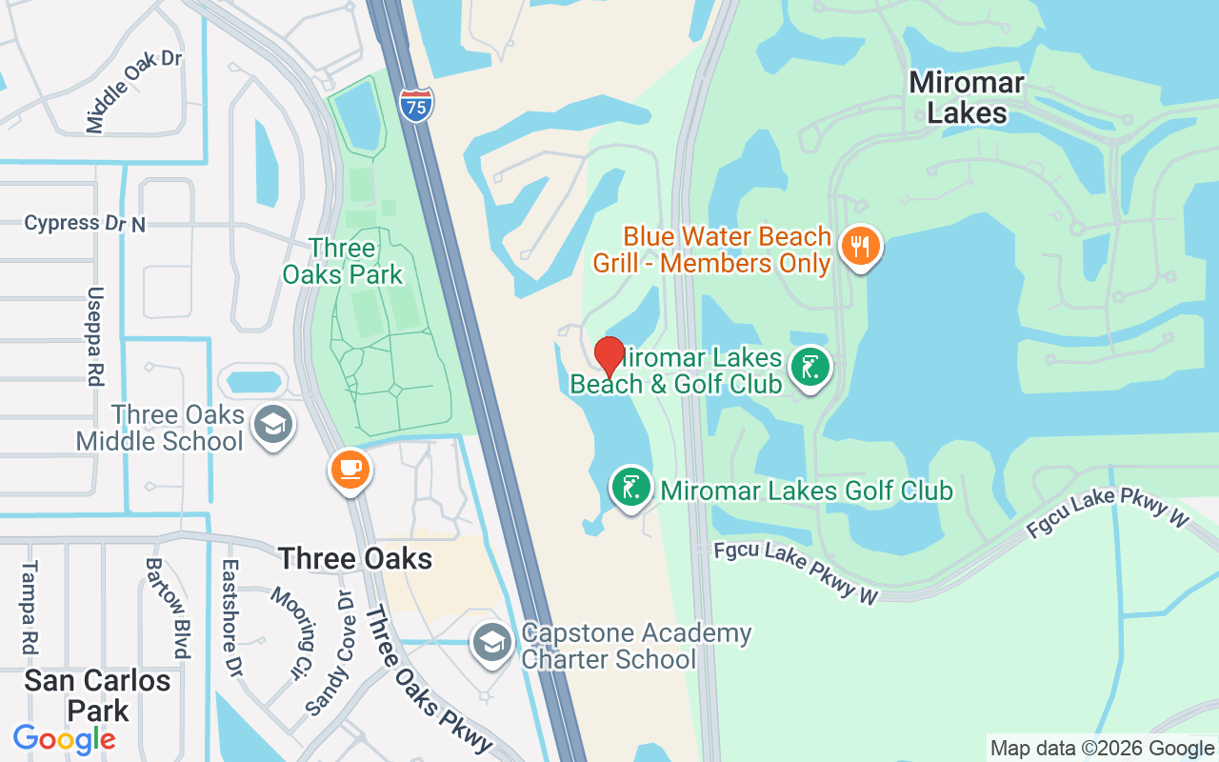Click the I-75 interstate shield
(416, 103)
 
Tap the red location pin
(609, 356)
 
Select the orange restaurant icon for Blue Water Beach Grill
(860, 247)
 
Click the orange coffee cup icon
(350, 469)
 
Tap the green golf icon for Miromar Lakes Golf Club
(630, 488)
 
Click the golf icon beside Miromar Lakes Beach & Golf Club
(809, 367)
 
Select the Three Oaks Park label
(342, 262)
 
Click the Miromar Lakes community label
(967, 97)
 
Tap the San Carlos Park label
(97, 695)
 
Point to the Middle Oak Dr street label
(133, 90)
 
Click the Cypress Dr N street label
(85, 223)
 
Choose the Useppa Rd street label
(94, 335)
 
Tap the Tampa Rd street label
(30, 607)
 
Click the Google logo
(64, 739)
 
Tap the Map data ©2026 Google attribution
(1102, 749)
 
